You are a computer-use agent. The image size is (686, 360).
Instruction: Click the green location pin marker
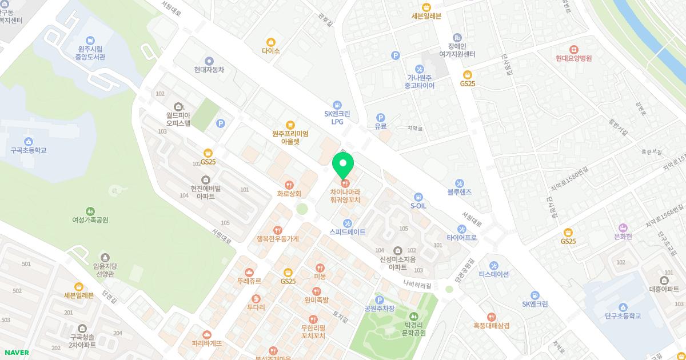(343, 166)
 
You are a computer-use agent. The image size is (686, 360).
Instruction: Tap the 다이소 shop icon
(271, 42)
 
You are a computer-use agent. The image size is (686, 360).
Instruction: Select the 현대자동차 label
(209, 70)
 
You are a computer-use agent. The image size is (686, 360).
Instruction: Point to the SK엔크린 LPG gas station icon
(337, 105)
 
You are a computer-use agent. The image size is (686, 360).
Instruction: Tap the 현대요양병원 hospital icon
(573, 49)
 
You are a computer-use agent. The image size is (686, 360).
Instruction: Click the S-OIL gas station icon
(418, 197)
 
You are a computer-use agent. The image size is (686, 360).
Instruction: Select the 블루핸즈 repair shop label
(460, 193)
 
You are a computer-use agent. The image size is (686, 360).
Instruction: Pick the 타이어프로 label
(461, 237)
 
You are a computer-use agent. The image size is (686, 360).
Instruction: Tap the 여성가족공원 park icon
(90, 211)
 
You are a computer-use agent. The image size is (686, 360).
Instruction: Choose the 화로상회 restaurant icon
(289, 185)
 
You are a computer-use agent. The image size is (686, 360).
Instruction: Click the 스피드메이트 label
(347, 232)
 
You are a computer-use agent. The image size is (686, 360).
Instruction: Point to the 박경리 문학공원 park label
(412, 329)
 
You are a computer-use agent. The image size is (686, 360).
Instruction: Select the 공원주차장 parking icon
(379, 300)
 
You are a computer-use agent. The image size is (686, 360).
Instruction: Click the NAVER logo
(15, 353)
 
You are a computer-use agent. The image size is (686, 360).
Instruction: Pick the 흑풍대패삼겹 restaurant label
(491, 326)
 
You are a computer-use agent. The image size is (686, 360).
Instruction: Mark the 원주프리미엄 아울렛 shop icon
(290, 125)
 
